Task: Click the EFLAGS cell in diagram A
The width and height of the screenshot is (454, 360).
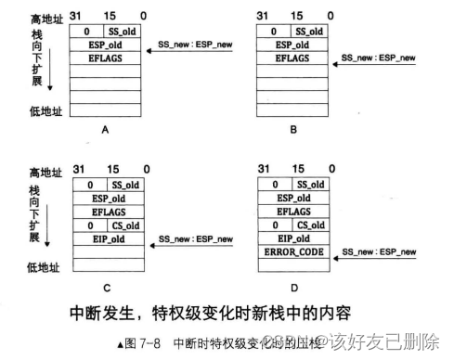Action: click(x=105, y=58)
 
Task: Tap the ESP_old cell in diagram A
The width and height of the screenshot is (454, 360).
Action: click(x=105, y=45)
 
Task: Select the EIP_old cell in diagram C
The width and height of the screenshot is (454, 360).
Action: click(x=105, y=238)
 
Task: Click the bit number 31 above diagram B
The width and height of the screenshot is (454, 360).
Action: click(x=265, y=16)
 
